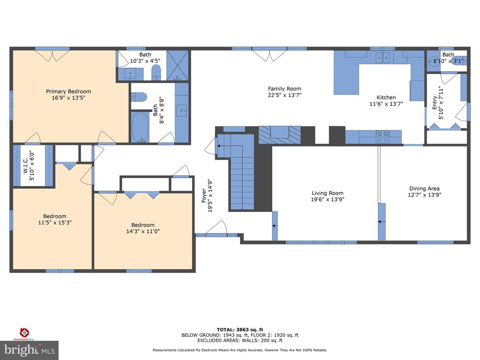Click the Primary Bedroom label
point(68,91)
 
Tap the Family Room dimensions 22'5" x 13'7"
point(285,95)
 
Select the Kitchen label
point(386,97)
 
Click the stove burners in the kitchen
point(382,137)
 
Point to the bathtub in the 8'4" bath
point(140,127)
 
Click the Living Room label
point(328,193)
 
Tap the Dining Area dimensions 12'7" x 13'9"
point(424,195)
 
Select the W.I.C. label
point(26,165)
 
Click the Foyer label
point(204,195)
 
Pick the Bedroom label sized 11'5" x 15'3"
point(54,216)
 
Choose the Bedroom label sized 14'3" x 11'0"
point(143,225)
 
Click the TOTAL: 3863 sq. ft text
point(240,330)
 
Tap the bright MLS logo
point(30,350)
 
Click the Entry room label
point(435,103)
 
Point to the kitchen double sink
point(382,58)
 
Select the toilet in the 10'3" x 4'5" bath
point(156,72)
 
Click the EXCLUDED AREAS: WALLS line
point(240,340)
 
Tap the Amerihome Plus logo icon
point(24,332)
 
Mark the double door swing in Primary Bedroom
point(52,55)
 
